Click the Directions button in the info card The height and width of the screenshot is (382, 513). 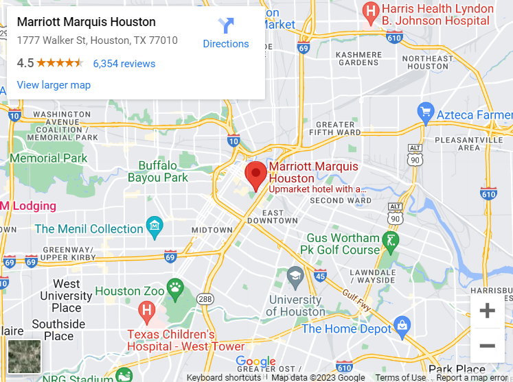[225, 33]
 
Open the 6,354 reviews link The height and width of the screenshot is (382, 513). [124, 64]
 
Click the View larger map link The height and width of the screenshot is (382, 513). [54, 85]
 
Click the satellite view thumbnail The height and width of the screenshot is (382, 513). [25, 357]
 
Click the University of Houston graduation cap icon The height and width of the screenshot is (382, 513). [295, 276]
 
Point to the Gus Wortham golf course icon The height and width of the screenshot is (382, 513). [391, 240]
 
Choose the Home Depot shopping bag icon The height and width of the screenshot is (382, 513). [402, 324]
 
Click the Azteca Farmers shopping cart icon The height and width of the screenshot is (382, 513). [426, 110]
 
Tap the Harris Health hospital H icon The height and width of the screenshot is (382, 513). [371, 11]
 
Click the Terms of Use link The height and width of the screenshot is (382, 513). [400, 377]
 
